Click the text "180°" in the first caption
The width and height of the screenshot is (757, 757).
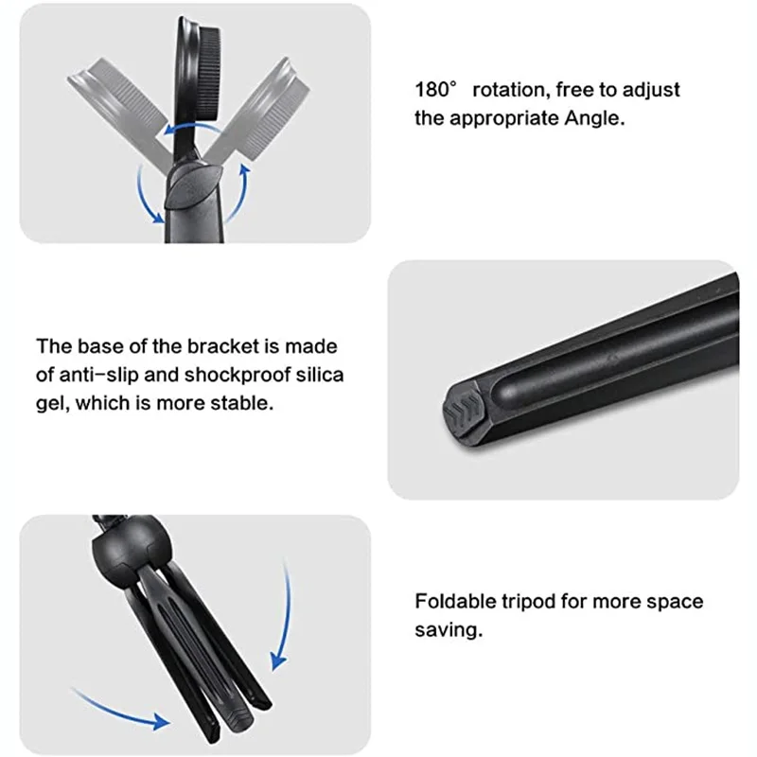click(436, 91)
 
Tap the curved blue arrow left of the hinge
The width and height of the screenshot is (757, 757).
click(142, 194)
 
